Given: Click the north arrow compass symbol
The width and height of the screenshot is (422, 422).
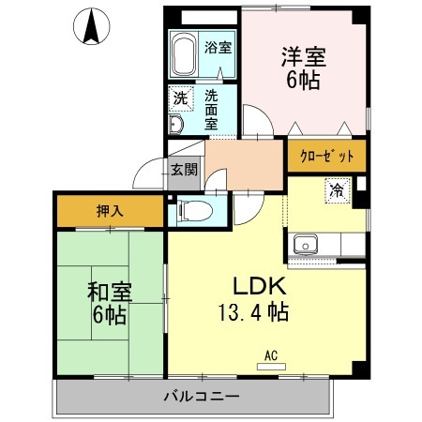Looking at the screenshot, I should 93,26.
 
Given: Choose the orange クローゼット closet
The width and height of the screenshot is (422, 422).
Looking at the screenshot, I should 326,157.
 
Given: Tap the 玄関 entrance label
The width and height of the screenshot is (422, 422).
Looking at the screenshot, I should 184,170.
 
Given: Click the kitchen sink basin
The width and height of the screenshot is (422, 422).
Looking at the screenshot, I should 306,245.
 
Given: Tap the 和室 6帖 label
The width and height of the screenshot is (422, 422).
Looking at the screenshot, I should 109,302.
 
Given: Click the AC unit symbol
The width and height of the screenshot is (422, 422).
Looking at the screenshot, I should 271,361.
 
